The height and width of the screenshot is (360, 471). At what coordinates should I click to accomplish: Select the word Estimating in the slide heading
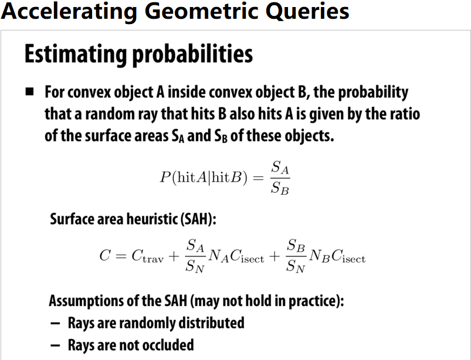[x=76, y=55]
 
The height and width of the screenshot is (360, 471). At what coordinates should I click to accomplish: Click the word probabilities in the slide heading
[x=192, y=53]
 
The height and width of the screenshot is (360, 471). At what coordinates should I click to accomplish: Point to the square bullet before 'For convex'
[x=30, y=91]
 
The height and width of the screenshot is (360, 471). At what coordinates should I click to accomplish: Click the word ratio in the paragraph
[x=407, y=114]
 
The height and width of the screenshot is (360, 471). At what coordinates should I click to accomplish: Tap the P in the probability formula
[x=165, y=177]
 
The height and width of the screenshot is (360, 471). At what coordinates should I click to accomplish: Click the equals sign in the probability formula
[x=258, y=178]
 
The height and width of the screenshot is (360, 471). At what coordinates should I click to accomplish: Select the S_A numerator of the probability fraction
[x=280, y=168]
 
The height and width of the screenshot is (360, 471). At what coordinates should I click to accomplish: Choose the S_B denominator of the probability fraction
[x=280, y=188]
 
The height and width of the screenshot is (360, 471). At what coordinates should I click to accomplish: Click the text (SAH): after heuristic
[x=198, y=219]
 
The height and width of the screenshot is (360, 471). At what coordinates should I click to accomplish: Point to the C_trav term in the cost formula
[x=147, y=256]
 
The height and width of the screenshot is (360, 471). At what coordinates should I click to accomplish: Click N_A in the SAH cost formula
[x=218, y=256]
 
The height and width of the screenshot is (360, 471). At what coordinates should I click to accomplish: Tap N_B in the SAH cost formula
[x=320, y=256]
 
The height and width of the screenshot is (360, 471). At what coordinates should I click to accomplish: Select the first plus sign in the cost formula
[x=174, y=256]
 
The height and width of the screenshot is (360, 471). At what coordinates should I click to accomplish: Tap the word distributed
[x=212, y=323]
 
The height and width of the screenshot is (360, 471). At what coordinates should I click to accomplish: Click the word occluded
[x=168, y=345]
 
